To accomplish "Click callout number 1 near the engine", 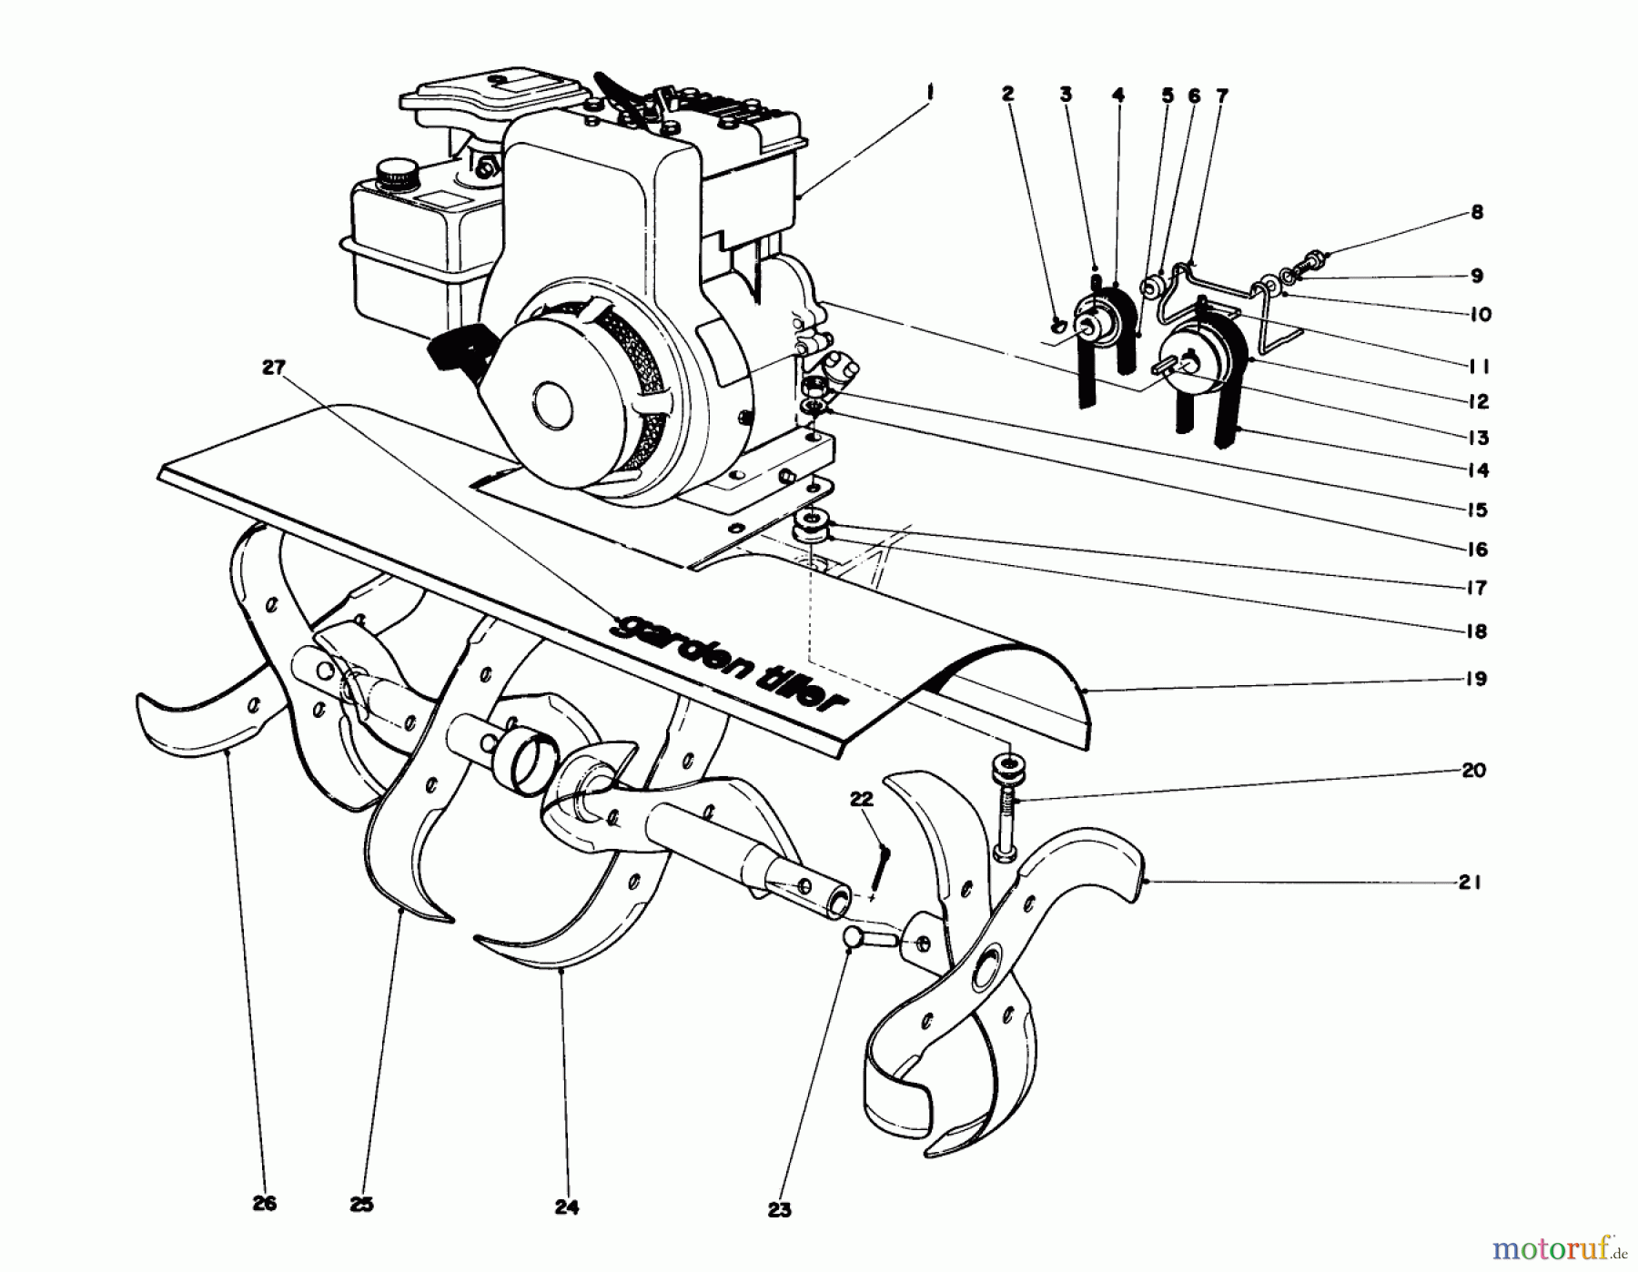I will pos(929,92).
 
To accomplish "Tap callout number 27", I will pos(273,368).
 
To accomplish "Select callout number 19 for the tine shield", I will pos(1476,679).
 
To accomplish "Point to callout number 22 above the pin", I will pos(861,799).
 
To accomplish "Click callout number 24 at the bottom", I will pos(566,1207).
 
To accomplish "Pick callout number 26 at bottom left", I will pos(265,1204).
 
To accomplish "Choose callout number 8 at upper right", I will pos(1477,212).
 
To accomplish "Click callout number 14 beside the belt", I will pos(1478,470).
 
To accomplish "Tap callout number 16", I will pos(1477,550).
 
